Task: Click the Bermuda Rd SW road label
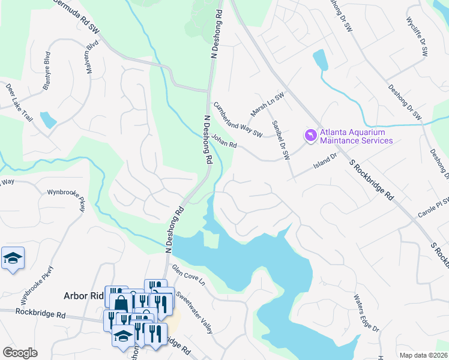point(77,14)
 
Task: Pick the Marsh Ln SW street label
point(267,105)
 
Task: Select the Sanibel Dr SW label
point(281,140)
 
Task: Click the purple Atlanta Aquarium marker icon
point(310,137)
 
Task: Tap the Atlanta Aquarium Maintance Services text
point(356,137)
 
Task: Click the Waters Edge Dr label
point(366,312)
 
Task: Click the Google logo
point(20,353)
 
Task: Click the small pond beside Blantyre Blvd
point(47,119)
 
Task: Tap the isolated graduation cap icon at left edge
point(13,259)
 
